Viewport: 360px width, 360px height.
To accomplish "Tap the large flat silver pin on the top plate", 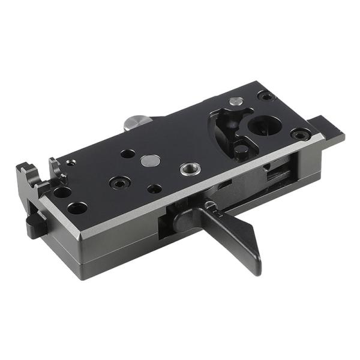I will click(x=150, y=160).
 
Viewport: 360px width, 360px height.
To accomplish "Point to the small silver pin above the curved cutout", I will click(x=236, y=101).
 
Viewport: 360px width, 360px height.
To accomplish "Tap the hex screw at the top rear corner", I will click(x=266, y=95).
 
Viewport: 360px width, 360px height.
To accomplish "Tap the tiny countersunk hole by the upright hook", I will click(x=71, y=162).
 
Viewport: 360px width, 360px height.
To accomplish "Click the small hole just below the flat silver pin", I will click(x=154, y=188).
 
